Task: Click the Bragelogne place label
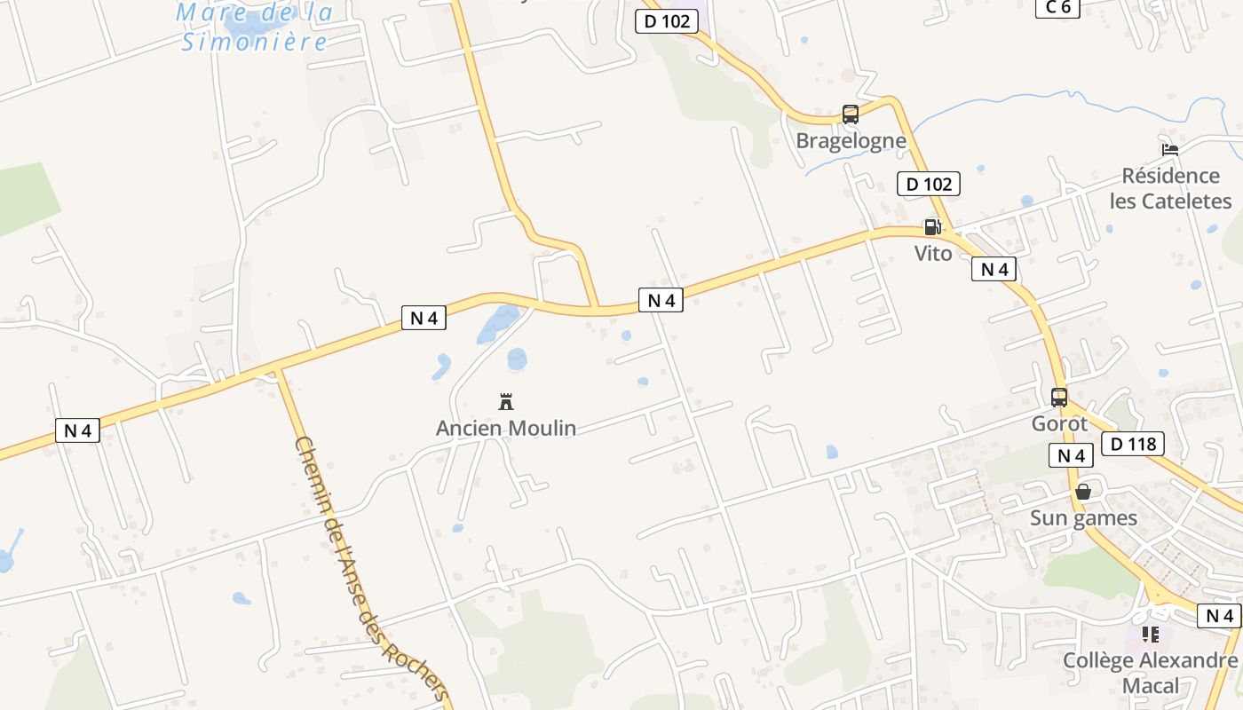tap(851, 141)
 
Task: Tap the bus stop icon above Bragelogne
tap(850, 114)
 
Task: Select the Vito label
tap(933, 254)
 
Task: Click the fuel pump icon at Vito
tap(932, 227)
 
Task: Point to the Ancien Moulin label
tap(506, 429)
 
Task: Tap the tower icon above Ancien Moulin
tap(506, 402)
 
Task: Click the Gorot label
tap(1059, 424)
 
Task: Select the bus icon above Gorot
tap(1059, 398)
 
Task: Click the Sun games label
tap(1083, 518)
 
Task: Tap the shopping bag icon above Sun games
tap(1083, 492)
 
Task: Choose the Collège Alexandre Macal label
tap(1151, 673)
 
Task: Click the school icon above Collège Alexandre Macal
tap(1151, 635)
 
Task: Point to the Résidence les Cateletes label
tap(1170, 188)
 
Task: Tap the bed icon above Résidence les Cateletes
tap(1170, 149)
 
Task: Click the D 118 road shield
tap(1132, 443)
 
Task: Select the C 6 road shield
tap(1057, 7)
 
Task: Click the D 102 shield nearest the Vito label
tap(929, 185)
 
